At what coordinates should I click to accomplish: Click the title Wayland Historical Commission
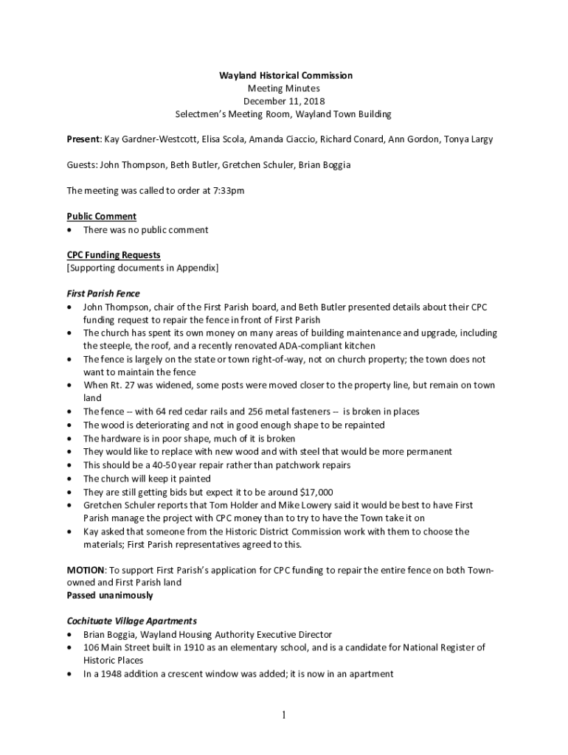coord(285,75)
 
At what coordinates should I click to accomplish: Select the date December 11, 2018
coord(284,101)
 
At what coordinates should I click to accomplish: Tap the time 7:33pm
coord(229,191)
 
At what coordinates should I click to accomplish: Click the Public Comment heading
coord(101,216)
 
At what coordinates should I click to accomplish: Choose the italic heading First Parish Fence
coord(103,293)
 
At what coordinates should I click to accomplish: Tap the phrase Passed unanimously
coord(110,595)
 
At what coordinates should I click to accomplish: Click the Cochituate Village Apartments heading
coord(132,621)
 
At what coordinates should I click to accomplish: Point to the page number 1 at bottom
coord(284,714)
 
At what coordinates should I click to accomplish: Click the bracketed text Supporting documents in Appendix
coord(142,268)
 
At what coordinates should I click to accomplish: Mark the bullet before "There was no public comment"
coord(69,230)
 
